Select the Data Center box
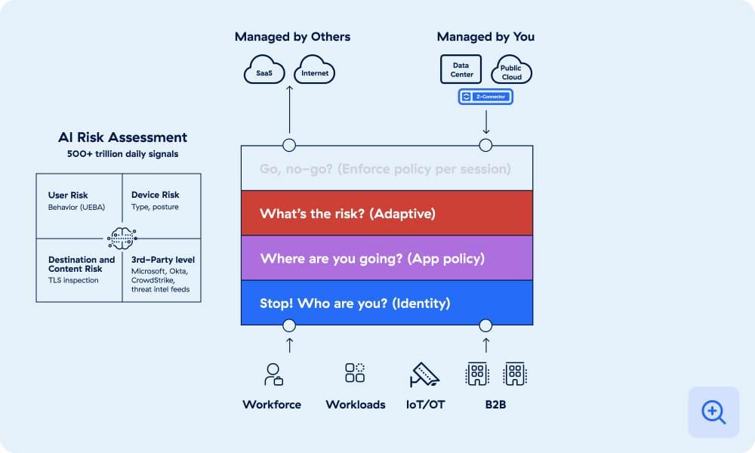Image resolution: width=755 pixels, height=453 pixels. pos(461,69)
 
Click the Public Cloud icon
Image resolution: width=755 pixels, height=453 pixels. pos(511,70)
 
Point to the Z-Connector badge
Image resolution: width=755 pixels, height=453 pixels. pos(485,97)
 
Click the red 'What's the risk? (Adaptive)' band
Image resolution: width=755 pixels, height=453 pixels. pos(387,213)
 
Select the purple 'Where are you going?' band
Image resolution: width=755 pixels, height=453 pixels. pos(387,258)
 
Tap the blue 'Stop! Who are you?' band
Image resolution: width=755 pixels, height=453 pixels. pos(387,303)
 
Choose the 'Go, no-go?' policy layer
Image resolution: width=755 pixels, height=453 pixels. pos(387,168)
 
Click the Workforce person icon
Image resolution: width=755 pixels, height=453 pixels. pos(272,374)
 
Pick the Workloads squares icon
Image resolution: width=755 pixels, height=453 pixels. pos(355,373)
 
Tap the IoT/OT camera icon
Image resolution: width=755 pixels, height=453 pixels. pos(425,374)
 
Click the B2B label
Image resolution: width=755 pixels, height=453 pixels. pos(495,405)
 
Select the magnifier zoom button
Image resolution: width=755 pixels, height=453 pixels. pos(713,412)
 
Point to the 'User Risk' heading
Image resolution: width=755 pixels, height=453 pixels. pos(68,196)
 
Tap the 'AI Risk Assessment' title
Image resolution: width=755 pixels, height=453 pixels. pos(122,137)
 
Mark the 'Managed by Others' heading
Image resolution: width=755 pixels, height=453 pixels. pos(292,36)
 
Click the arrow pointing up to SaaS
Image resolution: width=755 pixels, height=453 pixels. pos(289,113)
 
